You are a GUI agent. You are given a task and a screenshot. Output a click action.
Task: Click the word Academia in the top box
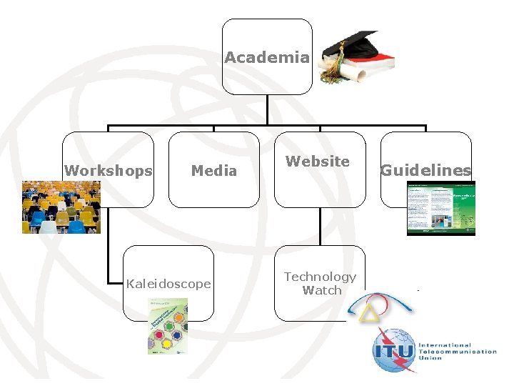pyautogui.click(x=267, y=58)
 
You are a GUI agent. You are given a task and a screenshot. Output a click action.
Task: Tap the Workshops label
pyautogui.click(x=108, y=171)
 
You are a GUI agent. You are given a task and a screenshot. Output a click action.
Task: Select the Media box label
pyautogui.click(x=213, y=171)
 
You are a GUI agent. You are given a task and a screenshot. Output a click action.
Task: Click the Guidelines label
pyautogui.click(x=425, y=171)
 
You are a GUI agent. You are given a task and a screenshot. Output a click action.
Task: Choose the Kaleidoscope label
pyautogui.click(x=168, y=284)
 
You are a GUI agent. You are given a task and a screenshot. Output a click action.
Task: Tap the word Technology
pyautogui.click(x=320, y=277)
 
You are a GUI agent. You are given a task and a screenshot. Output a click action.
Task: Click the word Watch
pyautogui.click(x=322, y=290)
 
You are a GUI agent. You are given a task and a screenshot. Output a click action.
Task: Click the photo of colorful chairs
pyautogui.click(x=61, y=207)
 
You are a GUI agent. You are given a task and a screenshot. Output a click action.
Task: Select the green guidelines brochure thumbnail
pyautogui.click(x=440, y=208)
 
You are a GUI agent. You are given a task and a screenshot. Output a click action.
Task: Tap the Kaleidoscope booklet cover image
pyautogui.click(x=168, y=326)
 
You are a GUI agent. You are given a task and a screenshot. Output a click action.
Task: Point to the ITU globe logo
pyautogui.click(x=393, y=350)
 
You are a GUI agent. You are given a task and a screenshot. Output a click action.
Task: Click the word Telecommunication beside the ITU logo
pyautogui.click(x=458, y=351)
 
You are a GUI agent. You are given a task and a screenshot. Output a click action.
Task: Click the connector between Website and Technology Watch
pyautogui.click(x=320, y=227)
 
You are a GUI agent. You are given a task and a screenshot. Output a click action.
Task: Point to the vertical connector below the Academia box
pyautogui.click(x=267, y=111)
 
